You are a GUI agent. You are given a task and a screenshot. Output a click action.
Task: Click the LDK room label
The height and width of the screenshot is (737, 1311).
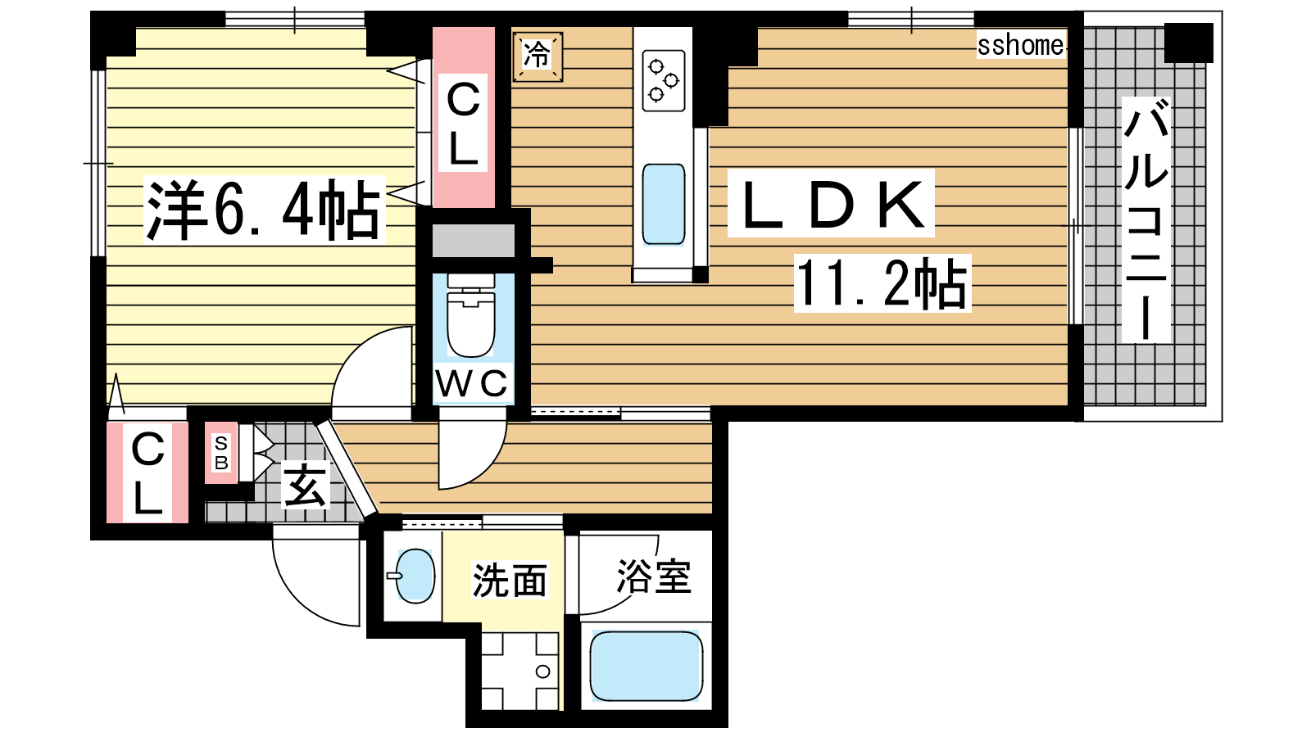tap(831, 204)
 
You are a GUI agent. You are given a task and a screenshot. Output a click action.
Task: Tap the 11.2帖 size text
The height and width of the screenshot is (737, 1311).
tap(882, 283)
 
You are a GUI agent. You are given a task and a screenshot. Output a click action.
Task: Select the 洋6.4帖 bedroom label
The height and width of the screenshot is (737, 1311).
tap(264, 210)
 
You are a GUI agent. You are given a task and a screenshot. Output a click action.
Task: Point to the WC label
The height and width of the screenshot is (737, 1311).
tap(472, 384)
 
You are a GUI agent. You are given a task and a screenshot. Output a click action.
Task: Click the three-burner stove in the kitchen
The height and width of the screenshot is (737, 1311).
tap(663, 81)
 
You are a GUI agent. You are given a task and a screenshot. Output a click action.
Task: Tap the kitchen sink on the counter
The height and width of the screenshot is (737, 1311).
tap(663, 204)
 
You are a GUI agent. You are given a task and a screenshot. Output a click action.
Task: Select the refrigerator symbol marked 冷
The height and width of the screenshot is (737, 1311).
tap(538, 57)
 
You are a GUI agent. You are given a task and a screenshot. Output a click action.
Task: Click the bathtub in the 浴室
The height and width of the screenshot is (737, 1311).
tap(646, 666)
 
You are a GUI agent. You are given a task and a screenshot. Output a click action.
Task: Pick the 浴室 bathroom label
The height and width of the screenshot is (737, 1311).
tap(654, 576)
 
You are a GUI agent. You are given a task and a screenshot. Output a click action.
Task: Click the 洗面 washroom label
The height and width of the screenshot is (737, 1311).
tap(510, 581)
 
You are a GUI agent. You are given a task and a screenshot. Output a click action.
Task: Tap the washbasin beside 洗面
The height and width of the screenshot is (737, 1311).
tap(414, 576)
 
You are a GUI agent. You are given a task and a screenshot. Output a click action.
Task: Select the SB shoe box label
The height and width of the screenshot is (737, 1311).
tap(221, 453)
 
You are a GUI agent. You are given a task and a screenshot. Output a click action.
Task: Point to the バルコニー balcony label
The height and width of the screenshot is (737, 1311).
tap(1146, 220)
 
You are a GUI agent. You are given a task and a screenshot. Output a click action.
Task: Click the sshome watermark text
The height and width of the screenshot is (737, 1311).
tap(1020, 45)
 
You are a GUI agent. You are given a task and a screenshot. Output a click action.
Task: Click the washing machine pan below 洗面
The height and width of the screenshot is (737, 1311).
tap(519, 671)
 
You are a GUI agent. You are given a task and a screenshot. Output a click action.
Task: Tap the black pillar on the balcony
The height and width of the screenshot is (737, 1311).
tap(1189, 43)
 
